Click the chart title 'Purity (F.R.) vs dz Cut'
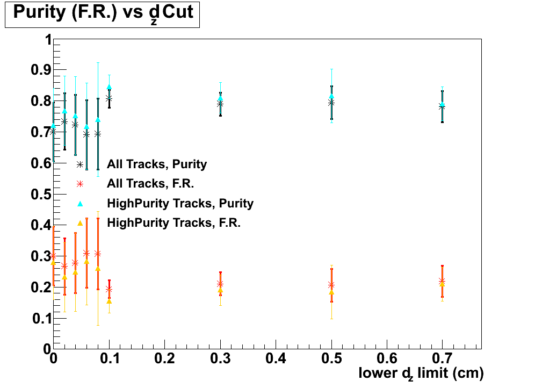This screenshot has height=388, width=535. coord(103,13)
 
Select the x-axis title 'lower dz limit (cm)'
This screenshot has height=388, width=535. coord(421,372)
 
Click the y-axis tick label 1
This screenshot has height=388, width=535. coord(47,40)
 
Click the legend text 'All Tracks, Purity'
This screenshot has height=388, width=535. coord(157,164)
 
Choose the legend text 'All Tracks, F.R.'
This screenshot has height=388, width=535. coord(150,184)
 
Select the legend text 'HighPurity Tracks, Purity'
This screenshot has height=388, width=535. coord(180,203)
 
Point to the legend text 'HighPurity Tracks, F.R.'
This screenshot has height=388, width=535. coord(173,222)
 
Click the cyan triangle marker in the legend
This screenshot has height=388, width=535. coord(80,203)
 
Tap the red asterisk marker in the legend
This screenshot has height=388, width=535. coord(80,184)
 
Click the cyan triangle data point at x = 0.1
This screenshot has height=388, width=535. coord(109,87)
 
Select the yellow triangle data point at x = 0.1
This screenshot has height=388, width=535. coord(109,301)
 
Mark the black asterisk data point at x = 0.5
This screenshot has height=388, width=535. coord(331,103)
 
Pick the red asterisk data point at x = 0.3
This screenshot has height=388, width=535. coord(220,284)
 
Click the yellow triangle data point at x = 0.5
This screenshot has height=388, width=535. coord(331,292)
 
